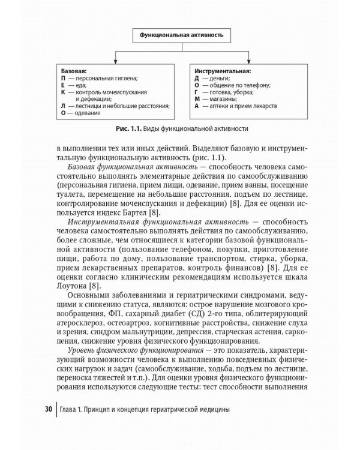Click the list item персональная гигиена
click(x=107, y=78)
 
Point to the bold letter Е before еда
click(x=64, y=85)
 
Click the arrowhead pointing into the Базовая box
click(x=115, y=62)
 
